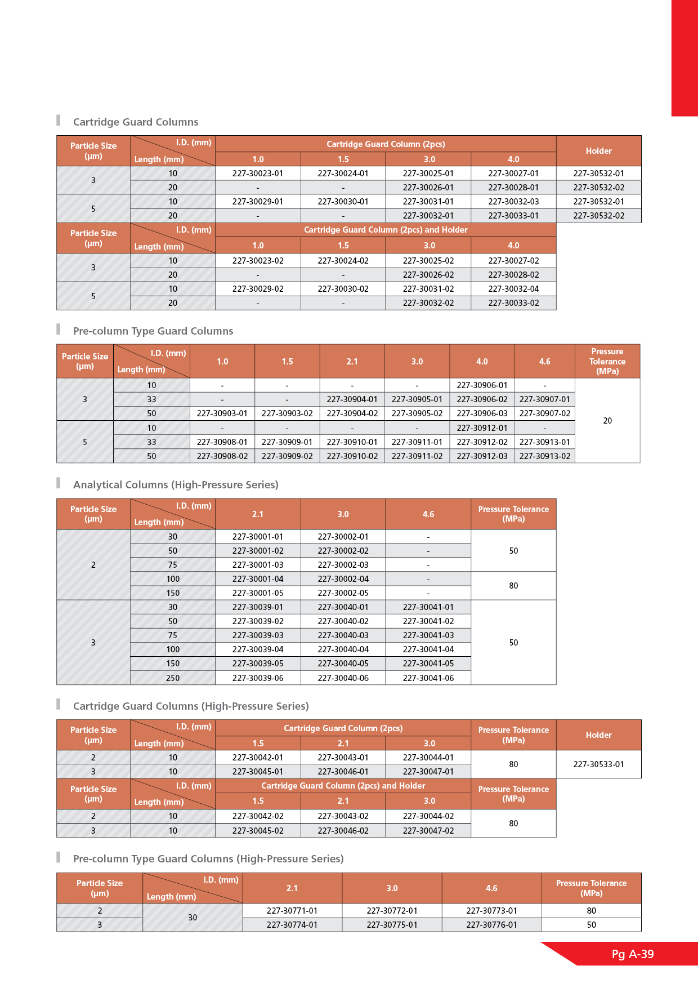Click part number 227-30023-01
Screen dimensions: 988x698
pyautogui.click(x=258, y=173)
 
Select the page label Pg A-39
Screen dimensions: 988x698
pyautogui.click(x=633, y=954)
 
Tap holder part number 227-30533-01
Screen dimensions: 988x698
pyautogui.click(x=598, y=764)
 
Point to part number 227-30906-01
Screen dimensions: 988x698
pyautogui.click(x=482, y=385)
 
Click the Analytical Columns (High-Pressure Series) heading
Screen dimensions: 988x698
pyautogui.click(x=176, y=485)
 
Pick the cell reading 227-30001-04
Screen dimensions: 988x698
pyautogui.click(x=258, y=579)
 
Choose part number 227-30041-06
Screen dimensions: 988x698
pyautogui.click(x=428, y=678)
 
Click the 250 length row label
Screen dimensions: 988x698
pyautogui.click(x=173, y=678)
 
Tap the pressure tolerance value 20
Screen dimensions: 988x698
pyautogui.click(x=607, y=421)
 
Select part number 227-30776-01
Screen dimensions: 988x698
pyautogui.click(x=491, y=925)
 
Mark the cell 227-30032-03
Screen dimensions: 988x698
pyautogui.click(x=513, y=202)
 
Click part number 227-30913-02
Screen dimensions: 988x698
pyautogui.click(x=545, y=456)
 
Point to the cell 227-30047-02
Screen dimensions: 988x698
pyautogui.click(x=428, y=831)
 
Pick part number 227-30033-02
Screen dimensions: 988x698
pyautogui.click(x=513, y=303)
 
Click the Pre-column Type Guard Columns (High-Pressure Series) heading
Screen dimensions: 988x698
pyautogui.click(x=208, y=859)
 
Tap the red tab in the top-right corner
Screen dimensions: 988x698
pyautogui.click(x=684, y=57)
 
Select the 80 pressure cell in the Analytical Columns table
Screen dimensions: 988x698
pyautogui.click(x=513, y=586)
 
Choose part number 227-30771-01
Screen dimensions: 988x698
pyautogui.click(x=292, y=911)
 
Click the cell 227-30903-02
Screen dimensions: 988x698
pyautogui.click(x=287, y=413)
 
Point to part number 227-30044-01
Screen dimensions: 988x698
pyautogui.click(x=428, y=758)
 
